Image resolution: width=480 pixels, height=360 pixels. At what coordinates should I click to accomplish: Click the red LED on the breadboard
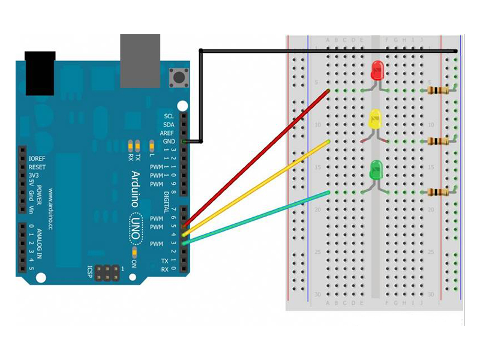pos(377,71)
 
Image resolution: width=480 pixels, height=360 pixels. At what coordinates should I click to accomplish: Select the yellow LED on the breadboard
pos(375,119)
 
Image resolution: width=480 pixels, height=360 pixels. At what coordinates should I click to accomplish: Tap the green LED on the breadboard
pos(376,170)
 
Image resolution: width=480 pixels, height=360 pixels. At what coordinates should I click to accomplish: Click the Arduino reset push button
pos(178,77)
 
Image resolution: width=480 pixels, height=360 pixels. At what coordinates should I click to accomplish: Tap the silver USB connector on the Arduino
pos(140,60)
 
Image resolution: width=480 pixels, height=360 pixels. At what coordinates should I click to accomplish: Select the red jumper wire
pos(258,155)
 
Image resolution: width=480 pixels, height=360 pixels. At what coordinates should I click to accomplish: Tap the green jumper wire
pos(258,217)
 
